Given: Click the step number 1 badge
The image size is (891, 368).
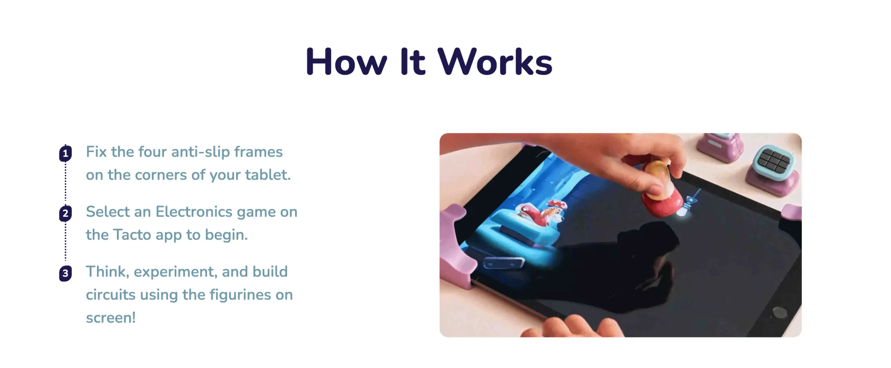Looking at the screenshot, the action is pyautogui.click(x=65, y=154).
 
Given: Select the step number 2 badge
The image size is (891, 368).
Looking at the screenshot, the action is pyautogui.click(x=65, y=214).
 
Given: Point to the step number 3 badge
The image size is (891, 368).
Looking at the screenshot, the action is pyautogui.click(x=65, y=274).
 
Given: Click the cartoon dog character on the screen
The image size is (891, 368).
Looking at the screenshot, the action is pyautogui.click(x=543, y=214).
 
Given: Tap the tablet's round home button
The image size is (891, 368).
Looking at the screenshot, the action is pyautogui.click(x=780, y=312).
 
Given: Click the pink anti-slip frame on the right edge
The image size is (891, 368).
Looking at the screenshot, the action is pyautogui.click(x=793, y=212).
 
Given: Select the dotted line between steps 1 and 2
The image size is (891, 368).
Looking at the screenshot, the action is pyautogui.click(x=65, y=182).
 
